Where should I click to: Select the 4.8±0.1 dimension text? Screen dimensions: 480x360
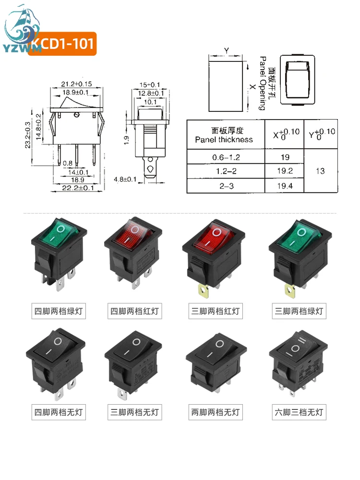click(x=125, y=180)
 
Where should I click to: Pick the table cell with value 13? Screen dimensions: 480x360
click(x=320, y=171)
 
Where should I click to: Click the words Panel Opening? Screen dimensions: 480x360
click(x=262, y=83)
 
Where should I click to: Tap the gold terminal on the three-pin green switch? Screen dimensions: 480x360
click(x=289, y=289)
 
